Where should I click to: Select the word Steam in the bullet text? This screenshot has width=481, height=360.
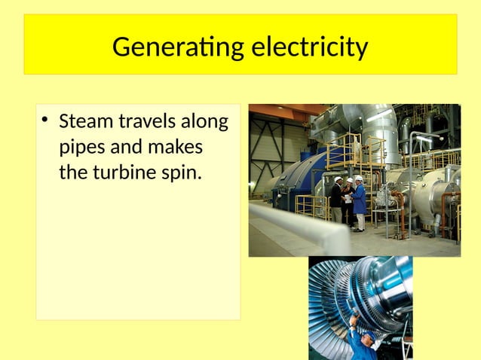point(84,121)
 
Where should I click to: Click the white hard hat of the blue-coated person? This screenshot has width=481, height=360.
point(359,179)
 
